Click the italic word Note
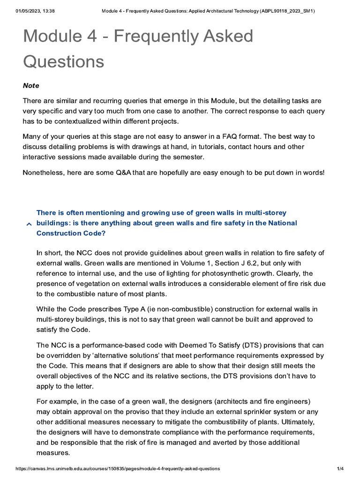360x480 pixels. pyautogui.click(x=31, y=86)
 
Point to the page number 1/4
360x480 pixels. pyautogui.click(x=341, y=469)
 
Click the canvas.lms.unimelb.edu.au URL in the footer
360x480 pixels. pyautogui.click(x=118, y=469)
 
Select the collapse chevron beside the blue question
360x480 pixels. pyautogui.click(x=29, y=225)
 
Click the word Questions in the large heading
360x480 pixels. pyautogui.click(x=63, y=61)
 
